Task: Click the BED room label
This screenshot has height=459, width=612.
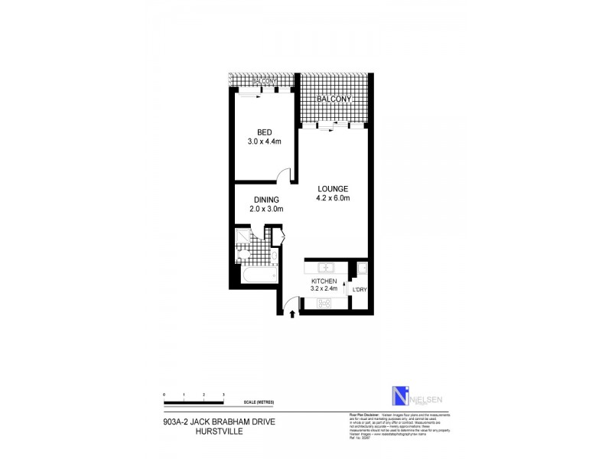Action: click(255, 132)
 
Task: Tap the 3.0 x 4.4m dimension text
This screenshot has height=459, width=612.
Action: click(255, 142)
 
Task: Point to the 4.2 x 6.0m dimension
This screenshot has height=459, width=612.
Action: click(333, 199)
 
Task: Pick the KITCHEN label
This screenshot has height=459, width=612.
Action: click(324, 282)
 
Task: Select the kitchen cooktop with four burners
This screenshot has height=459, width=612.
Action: click(324, 303)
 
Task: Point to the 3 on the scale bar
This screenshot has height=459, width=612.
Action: click(223, 394)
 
